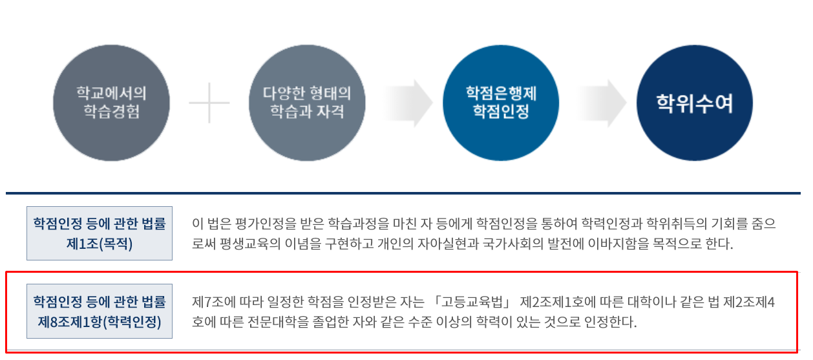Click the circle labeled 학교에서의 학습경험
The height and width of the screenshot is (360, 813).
tap(111, 103)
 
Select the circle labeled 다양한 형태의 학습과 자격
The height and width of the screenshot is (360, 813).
tap(307, 103)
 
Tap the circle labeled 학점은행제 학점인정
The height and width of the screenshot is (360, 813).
tap(501, 103)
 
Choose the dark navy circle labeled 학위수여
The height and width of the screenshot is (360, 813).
tap(695, 103)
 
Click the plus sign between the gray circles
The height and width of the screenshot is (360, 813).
tap(209, 103)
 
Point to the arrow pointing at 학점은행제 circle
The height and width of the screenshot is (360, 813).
tap(408, 103)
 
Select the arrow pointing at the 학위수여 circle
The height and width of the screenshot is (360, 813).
tap(602, 103)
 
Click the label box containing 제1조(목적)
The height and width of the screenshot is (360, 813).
tap(100, 233)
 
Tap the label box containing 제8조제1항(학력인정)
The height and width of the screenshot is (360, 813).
tap(100, 312)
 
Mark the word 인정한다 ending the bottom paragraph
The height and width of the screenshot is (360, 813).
tap(610, 322)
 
